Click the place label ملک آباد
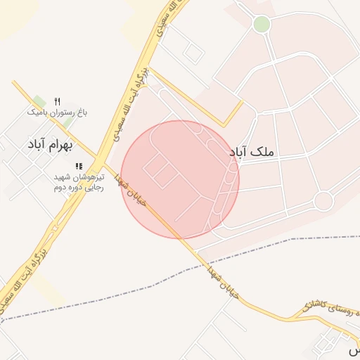click(251, 151)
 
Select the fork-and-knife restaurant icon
click(58, 102)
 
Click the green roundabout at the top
click(262, 25)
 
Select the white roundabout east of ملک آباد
click(323, 201)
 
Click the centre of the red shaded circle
click(180, 179)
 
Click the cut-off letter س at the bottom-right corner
click(354, 349)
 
